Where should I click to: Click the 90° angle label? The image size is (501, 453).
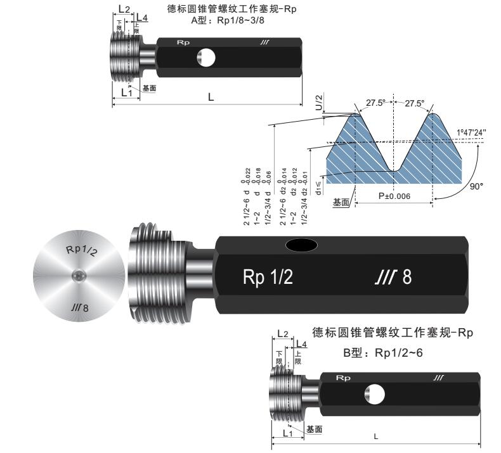pyautogui.click(x=477, y=187)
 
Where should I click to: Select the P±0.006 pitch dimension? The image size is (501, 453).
pyautogui.click(x=394, y=196)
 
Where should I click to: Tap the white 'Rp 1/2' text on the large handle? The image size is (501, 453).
pyautogui.click(x=268, y=278)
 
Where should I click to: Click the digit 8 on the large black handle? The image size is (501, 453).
pyautogui.click(x=408, y=278)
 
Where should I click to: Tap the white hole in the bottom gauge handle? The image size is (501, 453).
pyautogui.click(x=374, y=394)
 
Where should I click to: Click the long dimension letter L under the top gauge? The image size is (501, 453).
pyautogui.click(x=211, y=98)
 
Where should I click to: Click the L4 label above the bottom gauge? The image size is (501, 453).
pyautogui.click(x=302, y=343)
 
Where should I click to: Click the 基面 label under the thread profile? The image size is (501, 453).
pyautogui.click(x=341, y=202)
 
